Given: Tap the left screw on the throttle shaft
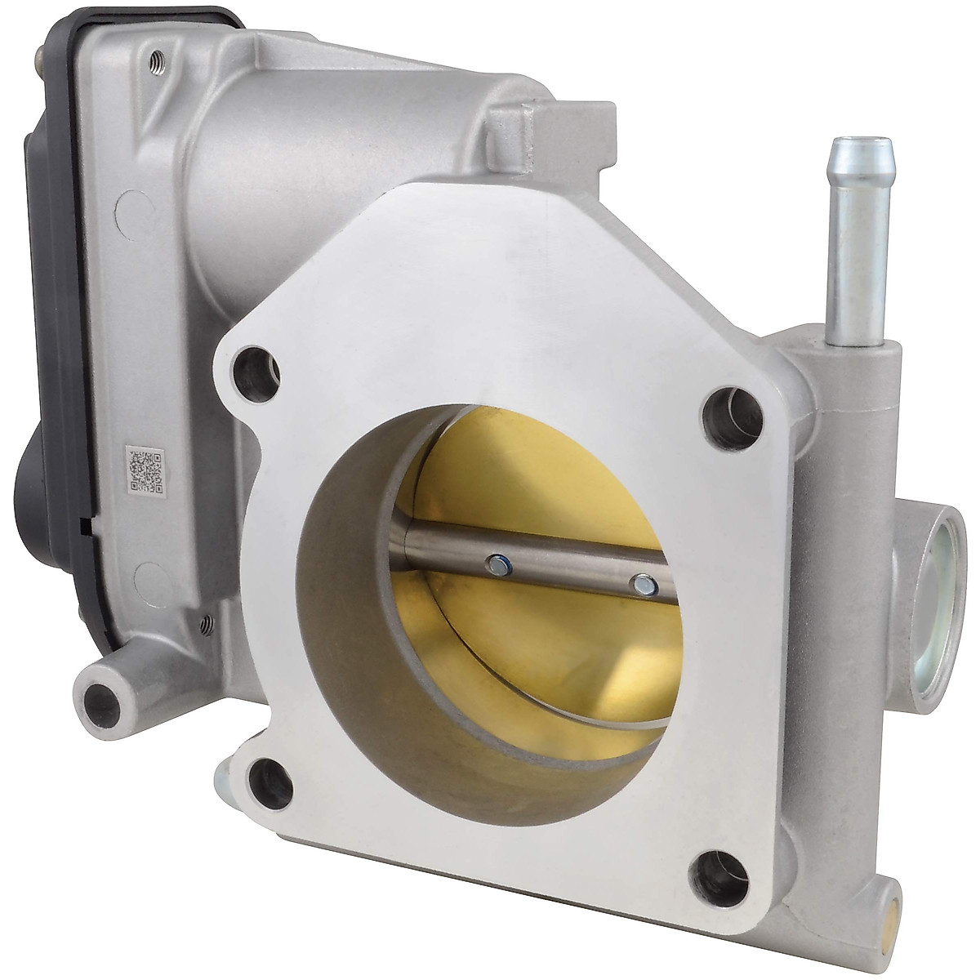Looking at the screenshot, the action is pyautogui.click(x=496, y=563).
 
